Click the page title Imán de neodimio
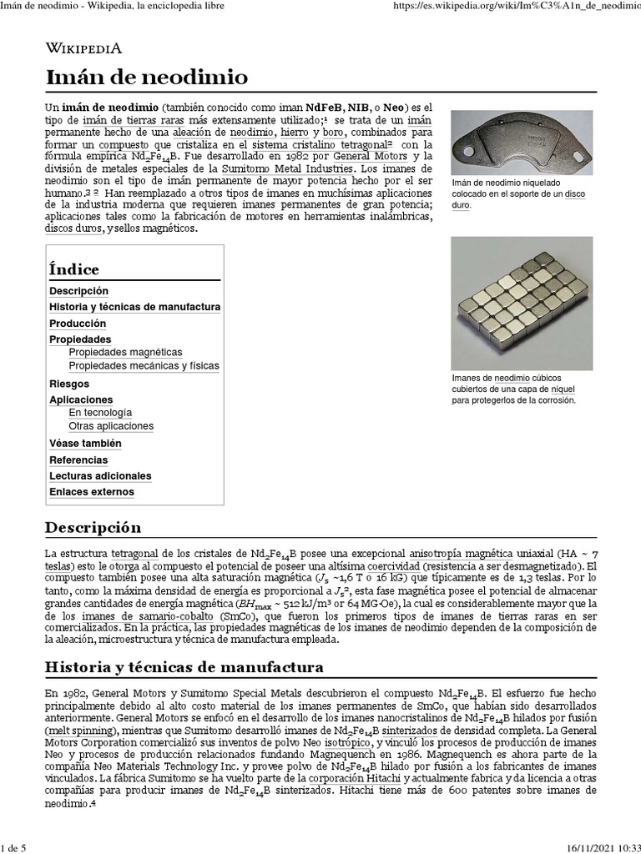click(147, 78)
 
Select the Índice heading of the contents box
click(74, 269)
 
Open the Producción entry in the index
click(78, 324)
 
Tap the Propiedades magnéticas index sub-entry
click(125, 353)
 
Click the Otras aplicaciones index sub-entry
click(111, 426)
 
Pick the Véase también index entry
click(85, 444)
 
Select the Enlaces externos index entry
click(91, 492)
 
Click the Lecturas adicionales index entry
click(100, 476)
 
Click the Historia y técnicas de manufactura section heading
click(184, 668)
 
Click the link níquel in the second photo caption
click(563, 389)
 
